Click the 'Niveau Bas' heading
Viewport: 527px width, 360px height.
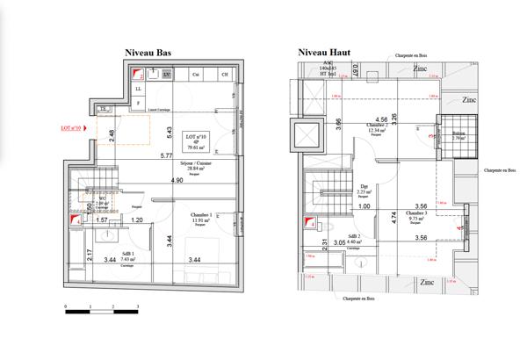tap(148, 53)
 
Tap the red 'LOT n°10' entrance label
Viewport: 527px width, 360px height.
tap(70, 128)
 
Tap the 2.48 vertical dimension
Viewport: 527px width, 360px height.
tap(112, 134)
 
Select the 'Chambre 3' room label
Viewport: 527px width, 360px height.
tap(417, 212)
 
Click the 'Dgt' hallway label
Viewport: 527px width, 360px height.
tap(365, 187)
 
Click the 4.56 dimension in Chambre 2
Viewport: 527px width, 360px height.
tap(381, 119)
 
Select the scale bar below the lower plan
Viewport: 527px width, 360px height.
tap(102, 309)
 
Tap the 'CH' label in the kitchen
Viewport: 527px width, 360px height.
tap(224, 76)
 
